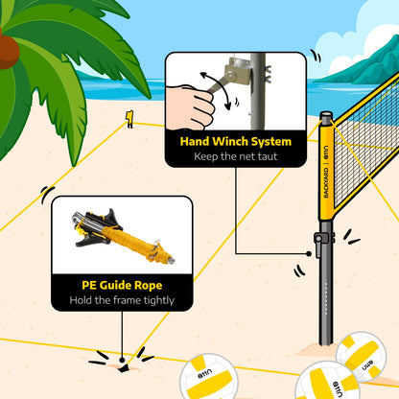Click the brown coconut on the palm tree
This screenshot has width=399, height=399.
[10, 49]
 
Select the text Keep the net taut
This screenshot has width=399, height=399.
[236, 156]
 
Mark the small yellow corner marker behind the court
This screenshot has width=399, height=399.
[129, 118]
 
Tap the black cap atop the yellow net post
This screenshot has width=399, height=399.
[327, 120]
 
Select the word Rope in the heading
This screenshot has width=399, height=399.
[163, 285]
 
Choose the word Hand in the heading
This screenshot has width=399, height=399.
[198, 141]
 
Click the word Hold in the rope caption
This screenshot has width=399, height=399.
[82, 301]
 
